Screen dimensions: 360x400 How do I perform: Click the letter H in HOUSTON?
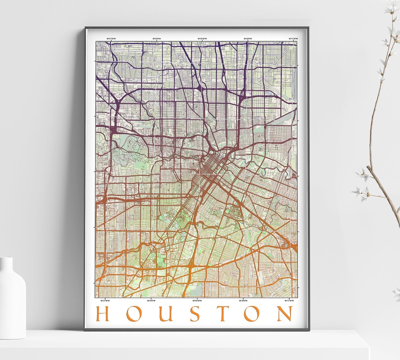(x=102, y=314)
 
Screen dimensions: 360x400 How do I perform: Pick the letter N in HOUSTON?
(x=285, y=314)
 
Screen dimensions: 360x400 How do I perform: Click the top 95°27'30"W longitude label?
(x=111, y=38)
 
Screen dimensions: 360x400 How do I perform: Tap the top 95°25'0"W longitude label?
(x=156, y=38)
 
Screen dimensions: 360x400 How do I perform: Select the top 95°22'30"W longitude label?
(x=202, y=38)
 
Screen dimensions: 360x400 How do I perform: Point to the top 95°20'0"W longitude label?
(x=248, y=38)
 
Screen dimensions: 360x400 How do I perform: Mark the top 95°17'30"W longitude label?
(x=293, y=38)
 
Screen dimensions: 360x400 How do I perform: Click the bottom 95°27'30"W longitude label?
(x=105, y=300)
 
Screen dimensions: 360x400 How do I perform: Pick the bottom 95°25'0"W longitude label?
(x=151, y=300)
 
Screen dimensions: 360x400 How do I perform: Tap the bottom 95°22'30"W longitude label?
(x=197, y=300)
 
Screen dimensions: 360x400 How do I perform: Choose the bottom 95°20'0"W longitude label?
(x=243, y=300)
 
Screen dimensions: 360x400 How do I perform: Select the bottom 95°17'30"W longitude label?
(x=289, y=300)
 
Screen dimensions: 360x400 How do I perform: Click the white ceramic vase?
(x=12, y=298)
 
